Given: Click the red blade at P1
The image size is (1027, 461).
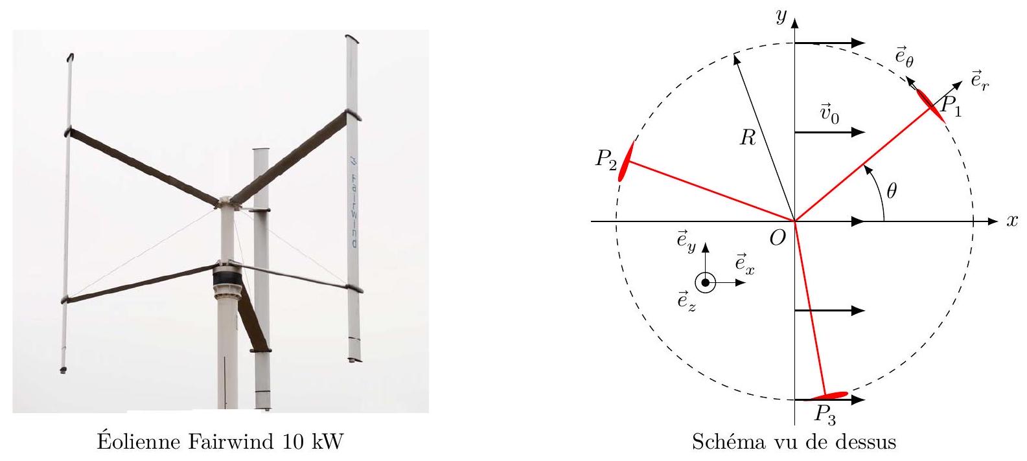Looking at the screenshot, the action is tap(930, 106).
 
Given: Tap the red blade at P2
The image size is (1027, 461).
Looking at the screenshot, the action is tap(626, 161).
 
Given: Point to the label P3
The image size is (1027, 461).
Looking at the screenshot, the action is tap(825, 415).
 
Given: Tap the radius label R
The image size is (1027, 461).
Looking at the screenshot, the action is tap(748, 137).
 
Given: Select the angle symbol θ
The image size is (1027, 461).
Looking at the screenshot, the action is tap(892, 190).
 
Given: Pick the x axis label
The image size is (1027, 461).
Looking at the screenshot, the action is tap(1012, 221).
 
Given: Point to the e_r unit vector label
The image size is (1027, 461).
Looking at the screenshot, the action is tap(980, 81).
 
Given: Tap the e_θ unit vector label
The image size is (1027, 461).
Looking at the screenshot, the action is tap(904, 57).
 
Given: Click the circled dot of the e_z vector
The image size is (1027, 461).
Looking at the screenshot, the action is tap(705, 283).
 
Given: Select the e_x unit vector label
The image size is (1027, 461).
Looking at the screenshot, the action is tap(744, 264).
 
